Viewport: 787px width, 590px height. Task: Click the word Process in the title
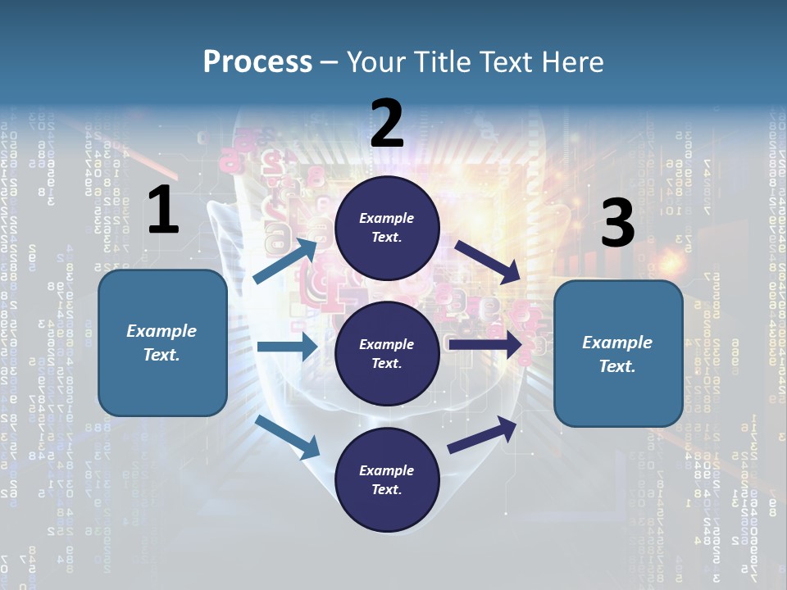[257, 61]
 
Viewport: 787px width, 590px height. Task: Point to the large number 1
[163, 211]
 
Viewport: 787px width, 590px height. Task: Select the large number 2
[387, 125]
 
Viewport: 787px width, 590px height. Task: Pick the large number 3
[617, 224]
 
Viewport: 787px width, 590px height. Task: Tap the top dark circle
[388, 228]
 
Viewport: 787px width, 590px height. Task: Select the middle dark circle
[388, 354]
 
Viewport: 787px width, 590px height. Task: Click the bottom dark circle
[388, 480]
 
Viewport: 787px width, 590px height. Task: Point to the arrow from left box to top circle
[286, 261]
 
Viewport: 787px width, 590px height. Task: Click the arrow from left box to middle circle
[286, 347]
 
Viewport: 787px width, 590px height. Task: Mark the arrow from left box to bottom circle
[288, 436]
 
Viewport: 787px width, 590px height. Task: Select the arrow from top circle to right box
[488, 261]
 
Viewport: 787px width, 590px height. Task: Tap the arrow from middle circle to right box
[484, 345]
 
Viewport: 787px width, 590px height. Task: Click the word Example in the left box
[161, 331]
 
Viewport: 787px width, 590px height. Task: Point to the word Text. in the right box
[617, 366]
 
